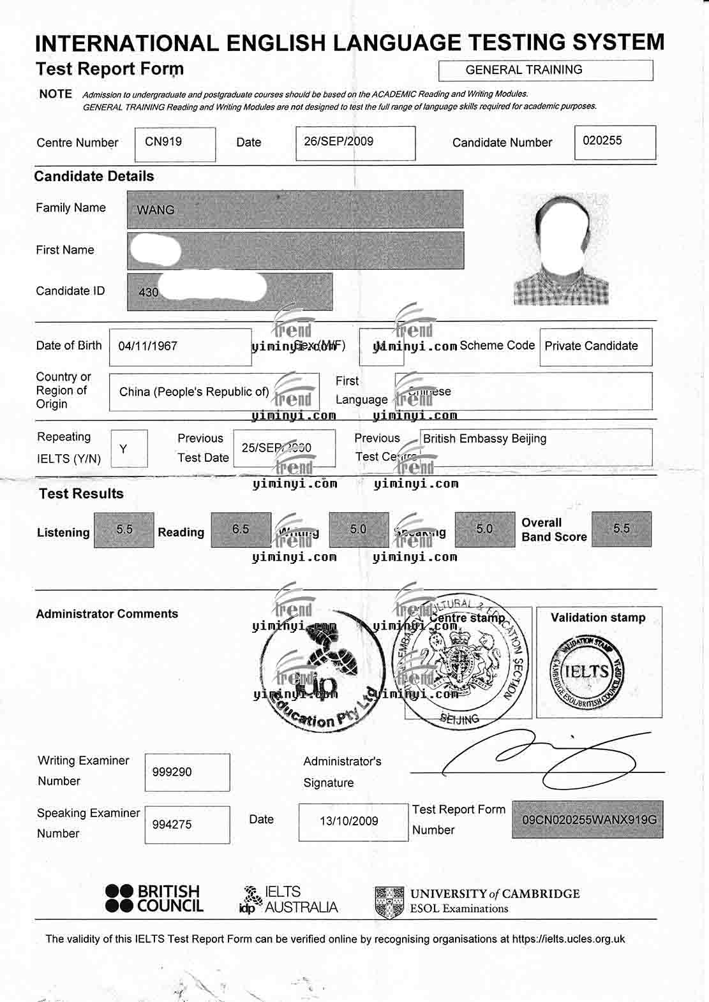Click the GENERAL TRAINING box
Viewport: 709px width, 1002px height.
[546, 70]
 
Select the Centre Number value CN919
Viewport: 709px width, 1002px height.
[163, 142]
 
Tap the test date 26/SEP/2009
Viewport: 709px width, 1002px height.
[339, 142]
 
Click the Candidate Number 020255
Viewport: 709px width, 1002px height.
[602, 140]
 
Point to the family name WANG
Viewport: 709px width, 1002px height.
[156, 210]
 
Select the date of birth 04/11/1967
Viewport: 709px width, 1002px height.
[148, 346]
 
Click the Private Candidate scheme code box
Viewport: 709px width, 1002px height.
[592, 346]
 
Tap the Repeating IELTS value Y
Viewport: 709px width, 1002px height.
[124, 449]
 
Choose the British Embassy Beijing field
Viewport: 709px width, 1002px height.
[485, 439]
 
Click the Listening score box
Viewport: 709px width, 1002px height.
[124, 530]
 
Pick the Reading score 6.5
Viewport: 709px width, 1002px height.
[241, 529]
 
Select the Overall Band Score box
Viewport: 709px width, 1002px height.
[621, 529]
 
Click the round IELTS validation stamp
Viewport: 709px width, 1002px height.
[587, 671]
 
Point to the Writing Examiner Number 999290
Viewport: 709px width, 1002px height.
[172, 772]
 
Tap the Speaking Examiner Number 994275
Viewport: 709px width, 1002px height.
[172, 825]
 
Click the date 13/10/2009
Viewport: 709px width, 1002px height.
[349, 821]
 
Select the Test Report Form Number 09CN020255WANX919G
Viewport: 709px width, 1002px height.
[588, 820]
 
